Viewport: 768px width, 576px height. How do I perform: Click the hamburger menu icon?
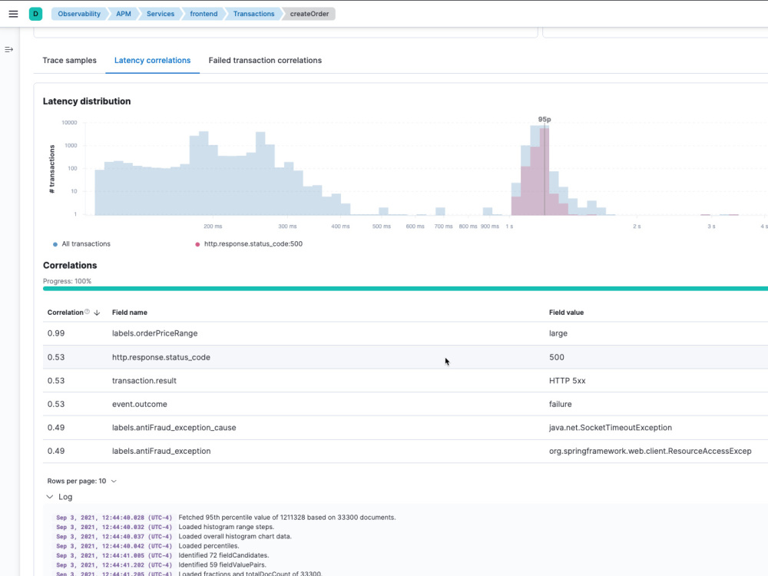[13, 14]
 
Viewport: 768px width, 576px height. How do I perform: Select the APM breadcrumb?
[124, 14]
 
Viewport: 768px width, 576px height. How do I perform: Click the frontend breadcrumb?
[204, 14]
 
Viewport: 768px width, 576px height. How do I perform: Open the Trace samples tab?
[70, 60]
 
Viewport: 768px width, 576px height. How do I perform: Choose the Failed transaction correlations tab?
[265, 60]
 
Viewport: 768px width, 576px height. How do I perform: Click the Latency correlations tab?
[152, 60]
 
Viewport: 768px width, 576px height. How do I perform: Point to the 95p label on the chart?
[545, 120]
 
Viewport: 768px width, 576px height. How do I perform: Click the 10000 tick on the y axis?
[69, 122]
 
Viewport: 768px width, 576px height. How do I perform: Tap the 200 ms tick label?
[213, 227]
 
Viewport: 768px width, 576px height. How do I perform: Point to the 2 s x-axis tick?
[636, 227]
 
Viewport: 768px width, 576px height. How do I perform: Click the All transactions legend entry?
[82, 244]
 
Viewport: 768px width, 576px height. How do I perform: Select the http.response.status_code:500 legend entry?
[249, 244]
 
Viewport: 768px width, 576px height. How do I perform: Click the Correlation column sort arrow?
[97, 313]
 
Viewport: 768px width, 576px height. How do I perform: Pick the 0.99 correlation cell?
[56, 333]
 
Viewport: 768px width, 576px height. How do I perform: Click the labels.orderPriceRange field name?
[155, 333]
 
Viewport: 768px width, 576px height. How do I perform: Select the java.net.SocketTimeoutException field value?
[611, 428]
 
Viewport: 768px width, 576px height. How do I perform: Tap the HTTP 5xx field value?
[568, 381]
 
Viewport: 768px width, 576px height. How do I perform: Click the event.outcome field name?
[140, 404]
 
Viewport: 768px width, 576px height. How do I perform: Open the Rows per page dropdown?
[82, 481]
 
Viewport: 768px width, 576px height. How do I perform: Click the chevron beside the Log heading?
[49, 497]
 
